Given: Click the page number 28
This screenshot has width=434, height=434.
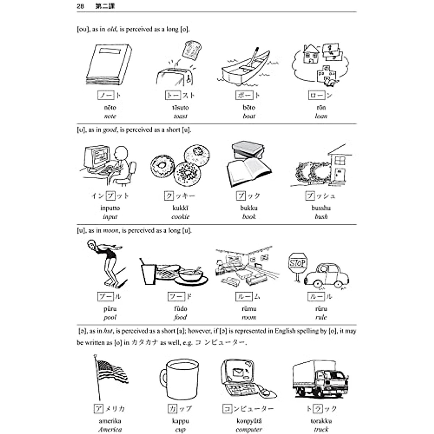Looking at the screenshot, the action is tap(81, 6).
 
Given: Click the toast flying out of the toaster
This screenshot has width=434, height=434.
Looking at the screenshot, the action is tap(192, 50).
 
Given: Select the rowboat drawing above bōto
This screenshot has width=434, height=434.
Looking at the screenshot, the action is tap(246, 68).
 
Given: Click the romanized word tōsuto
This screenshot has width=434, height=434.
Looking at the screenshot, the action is tap(180, 107).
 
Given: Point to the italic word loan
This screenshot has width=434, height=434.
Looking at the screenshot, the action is tap(321, 116).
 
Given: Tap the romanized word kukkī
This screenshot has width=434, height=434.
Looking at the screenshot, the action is tap(180, 208).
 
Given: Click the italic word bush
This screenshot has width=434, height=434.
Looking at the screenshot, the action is tap(321, 217).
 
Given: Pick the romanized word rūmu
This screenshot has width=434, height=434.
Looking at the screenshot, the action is tap(249, 309).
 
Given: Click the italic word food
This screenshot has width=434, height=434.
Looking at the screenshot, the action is tap(180, 317).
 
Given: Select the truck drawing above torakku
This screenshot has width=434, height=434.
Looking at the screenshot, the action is tap(320, 378).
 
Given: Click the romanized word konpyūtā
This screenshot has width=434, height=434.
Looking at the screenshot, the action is tap(249, 421).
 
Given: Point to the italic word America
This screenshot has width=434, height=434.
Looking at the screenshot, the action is tap(110, 430).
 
